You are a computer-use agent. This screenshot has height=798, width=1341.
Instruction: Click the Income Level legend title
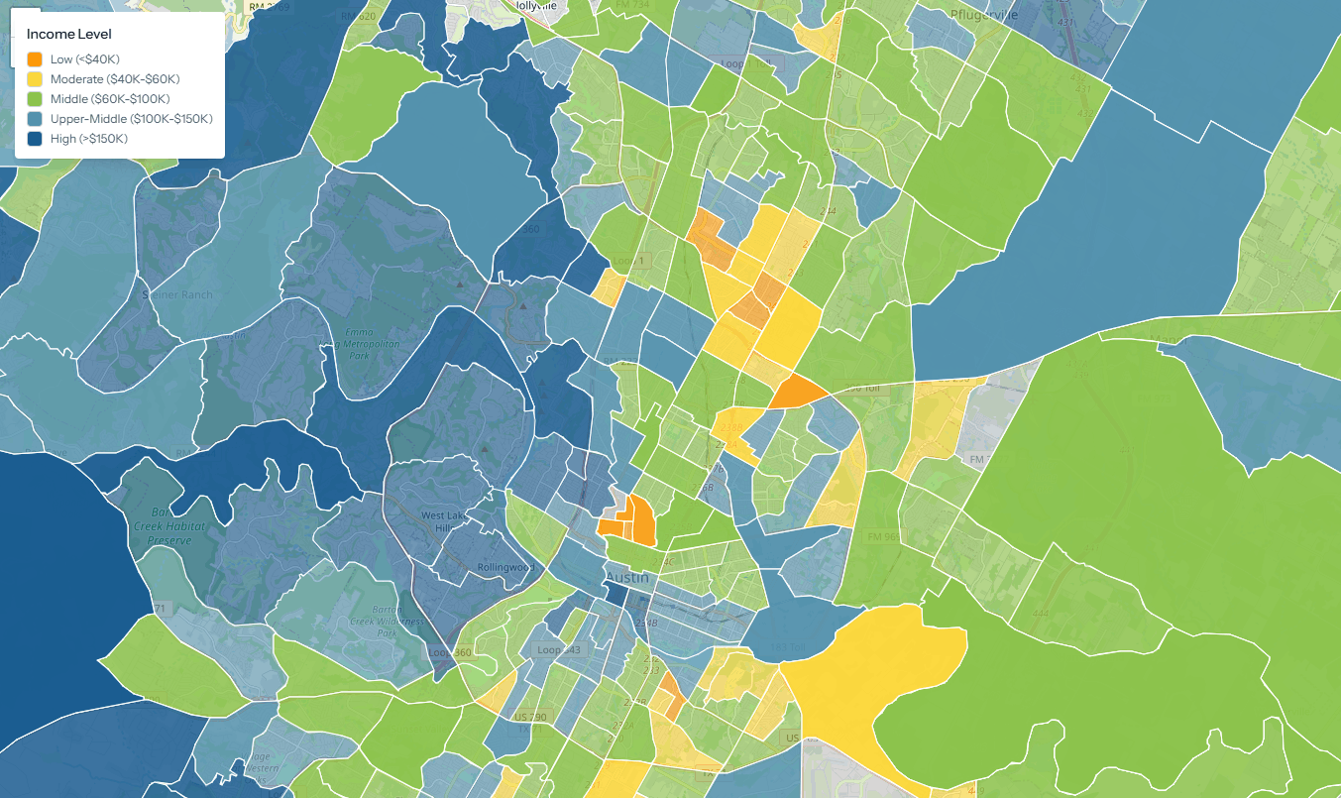point(68,34)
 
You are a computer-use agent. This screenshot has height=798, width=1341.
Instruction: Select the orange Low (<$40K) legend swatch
point(35,59)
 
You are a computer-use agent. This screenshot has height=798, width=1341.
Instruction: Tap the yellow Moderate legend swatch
point(35,79)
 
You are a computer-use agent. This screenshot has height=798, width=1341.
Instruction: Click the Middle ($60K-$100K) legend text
point(110,99)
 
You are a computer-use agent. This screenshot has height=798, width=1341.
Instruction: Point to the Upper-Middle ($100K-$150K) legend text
point(132,119)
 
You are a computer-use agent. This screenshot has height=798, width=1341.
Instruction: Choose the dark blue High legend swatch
point(35,139)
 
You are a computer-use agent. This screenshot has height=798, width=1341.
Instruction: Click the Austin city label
point(627,578)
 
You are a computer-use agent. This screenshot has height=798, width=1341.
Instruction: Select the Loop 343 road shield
point(555,650)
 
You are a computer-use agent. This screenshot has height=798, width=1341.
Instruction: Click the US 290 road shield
point(528,717)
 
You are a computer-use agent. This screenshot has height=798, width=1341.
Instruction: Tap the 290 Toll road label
point(861,389)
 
